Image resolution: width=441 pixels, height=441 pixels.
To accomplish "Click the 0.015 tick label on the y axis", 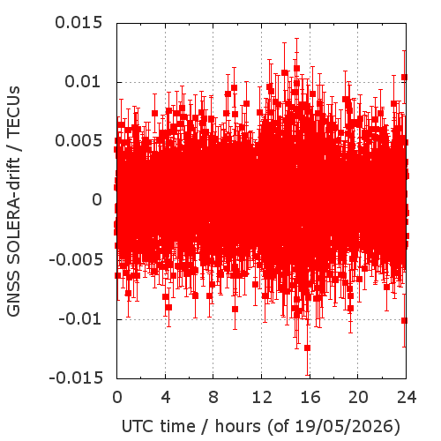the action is coord(78,23).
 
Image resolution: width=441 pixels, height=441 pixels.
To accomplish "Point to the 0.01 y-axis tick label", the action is coord(83,81).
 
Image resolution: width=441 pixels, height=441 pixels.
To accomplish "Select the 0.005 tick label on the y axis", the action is coord(78,141).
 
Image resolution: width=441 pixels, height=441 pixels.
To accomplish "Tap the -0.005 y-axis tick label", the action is coord(76,259).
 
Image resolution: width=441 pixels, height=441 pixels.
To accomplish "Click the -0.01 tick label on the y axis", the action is coord(80,318).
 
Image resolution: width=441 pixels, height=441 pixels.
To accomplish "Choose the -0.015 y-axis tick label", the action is coord(76,377).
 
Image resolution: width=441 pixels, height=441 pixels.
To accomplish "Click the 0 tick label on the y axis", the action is coord(97,200).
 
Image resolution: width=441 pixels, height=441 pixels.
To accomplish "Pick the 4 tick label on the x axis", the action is coord(166,398).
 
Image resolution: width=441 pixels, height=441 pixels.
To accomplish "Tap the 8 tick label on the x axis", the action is coord(213,398).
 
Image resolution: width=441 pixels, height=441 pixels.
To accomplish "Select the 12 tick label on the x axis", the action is coord(262,398).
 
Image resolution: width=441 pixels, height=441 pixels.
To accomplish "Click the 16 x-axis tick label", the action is coord(310,398).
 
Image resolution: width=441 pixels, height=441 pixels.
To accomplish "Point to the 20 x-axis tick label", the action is coord(358,398).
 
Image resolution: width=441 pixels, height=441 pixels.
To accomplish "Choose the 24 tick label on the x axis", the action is coord(407,398).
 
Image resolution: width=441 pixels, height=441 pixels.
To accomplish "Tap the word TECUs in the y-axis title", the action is coord(13,111).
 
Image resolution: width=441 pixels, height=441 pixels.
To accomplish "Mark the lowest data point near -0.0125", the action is coord(308,348).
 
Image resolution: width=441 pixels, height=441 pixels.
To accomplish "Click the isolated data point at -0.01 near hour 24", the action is coord(404,320).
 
